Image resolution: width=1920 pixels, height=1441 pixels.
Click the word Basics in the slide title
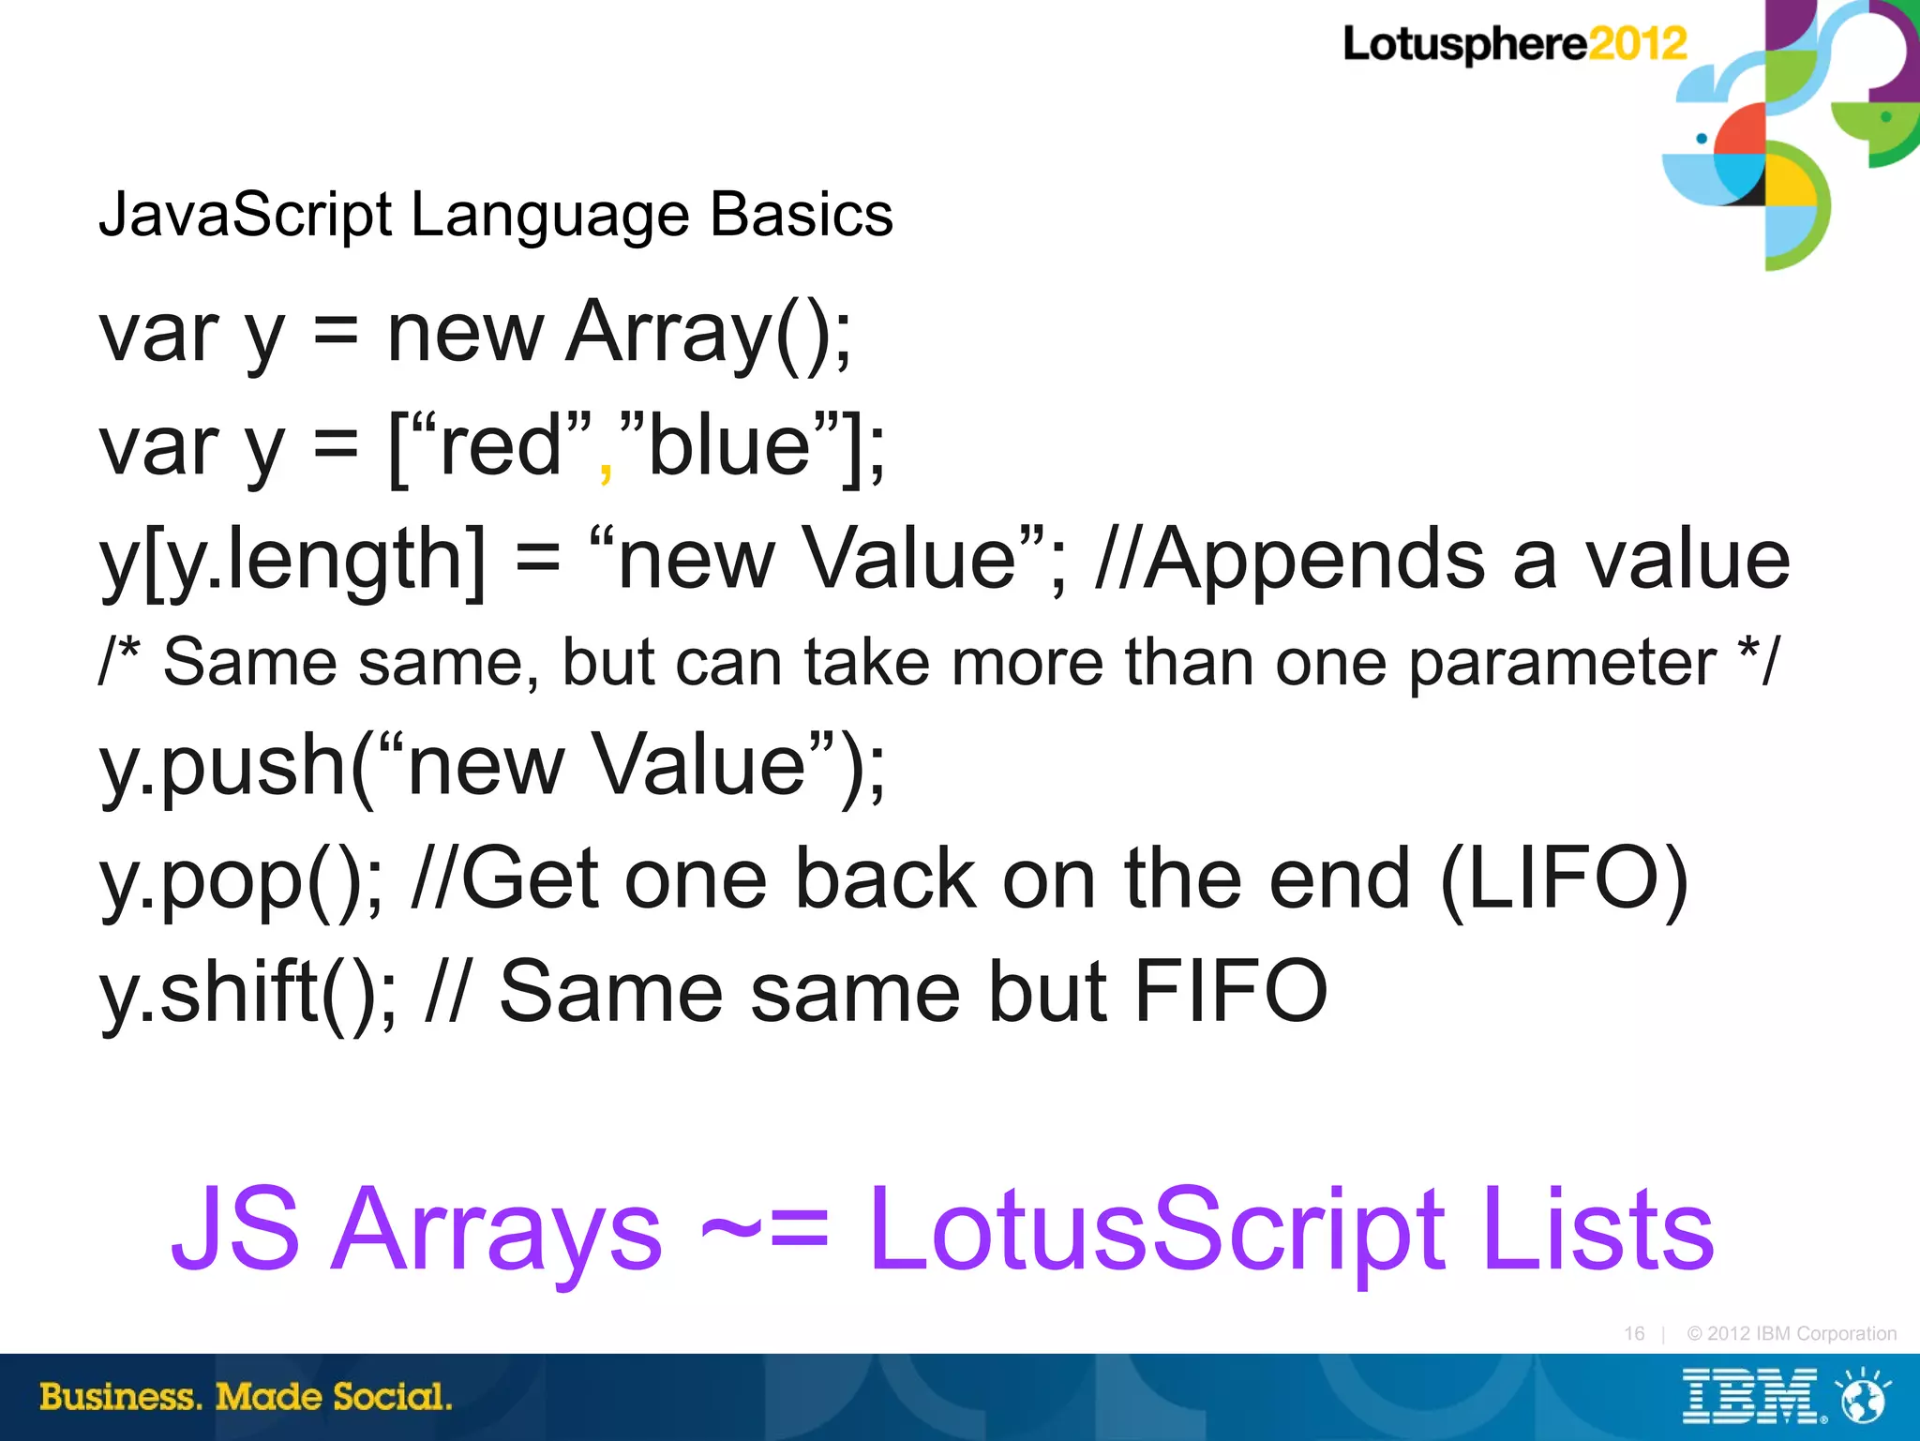click(801, 215)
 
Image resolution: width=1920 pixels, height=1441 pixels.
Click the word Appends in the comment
click(1313, 560)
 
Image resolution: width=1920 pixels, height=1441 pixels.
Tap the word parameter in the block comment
click(1563, 663)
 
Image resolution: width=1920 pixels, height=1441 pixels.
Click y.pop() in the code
click(240, 880)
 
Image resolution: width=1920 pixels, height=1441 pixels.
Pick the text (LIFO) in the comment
click(1563, 878)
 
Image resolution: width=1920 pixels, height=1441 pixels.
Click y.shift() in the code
click(247, 992)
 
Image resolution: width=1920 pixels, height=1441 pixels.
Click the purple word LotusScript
click(1154, 1230)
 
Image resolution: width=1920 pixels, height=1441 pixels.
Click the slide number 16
click(1634, 1333)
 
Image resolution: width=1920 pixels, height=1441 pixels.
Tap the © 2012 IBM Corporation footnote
click(1791, 1333)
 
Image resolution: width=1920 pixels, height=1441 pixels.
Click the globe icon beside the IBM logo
click(1863, 1396)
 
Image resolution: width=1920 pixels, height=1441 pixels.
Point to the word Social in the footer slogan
click(392, 1397)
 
